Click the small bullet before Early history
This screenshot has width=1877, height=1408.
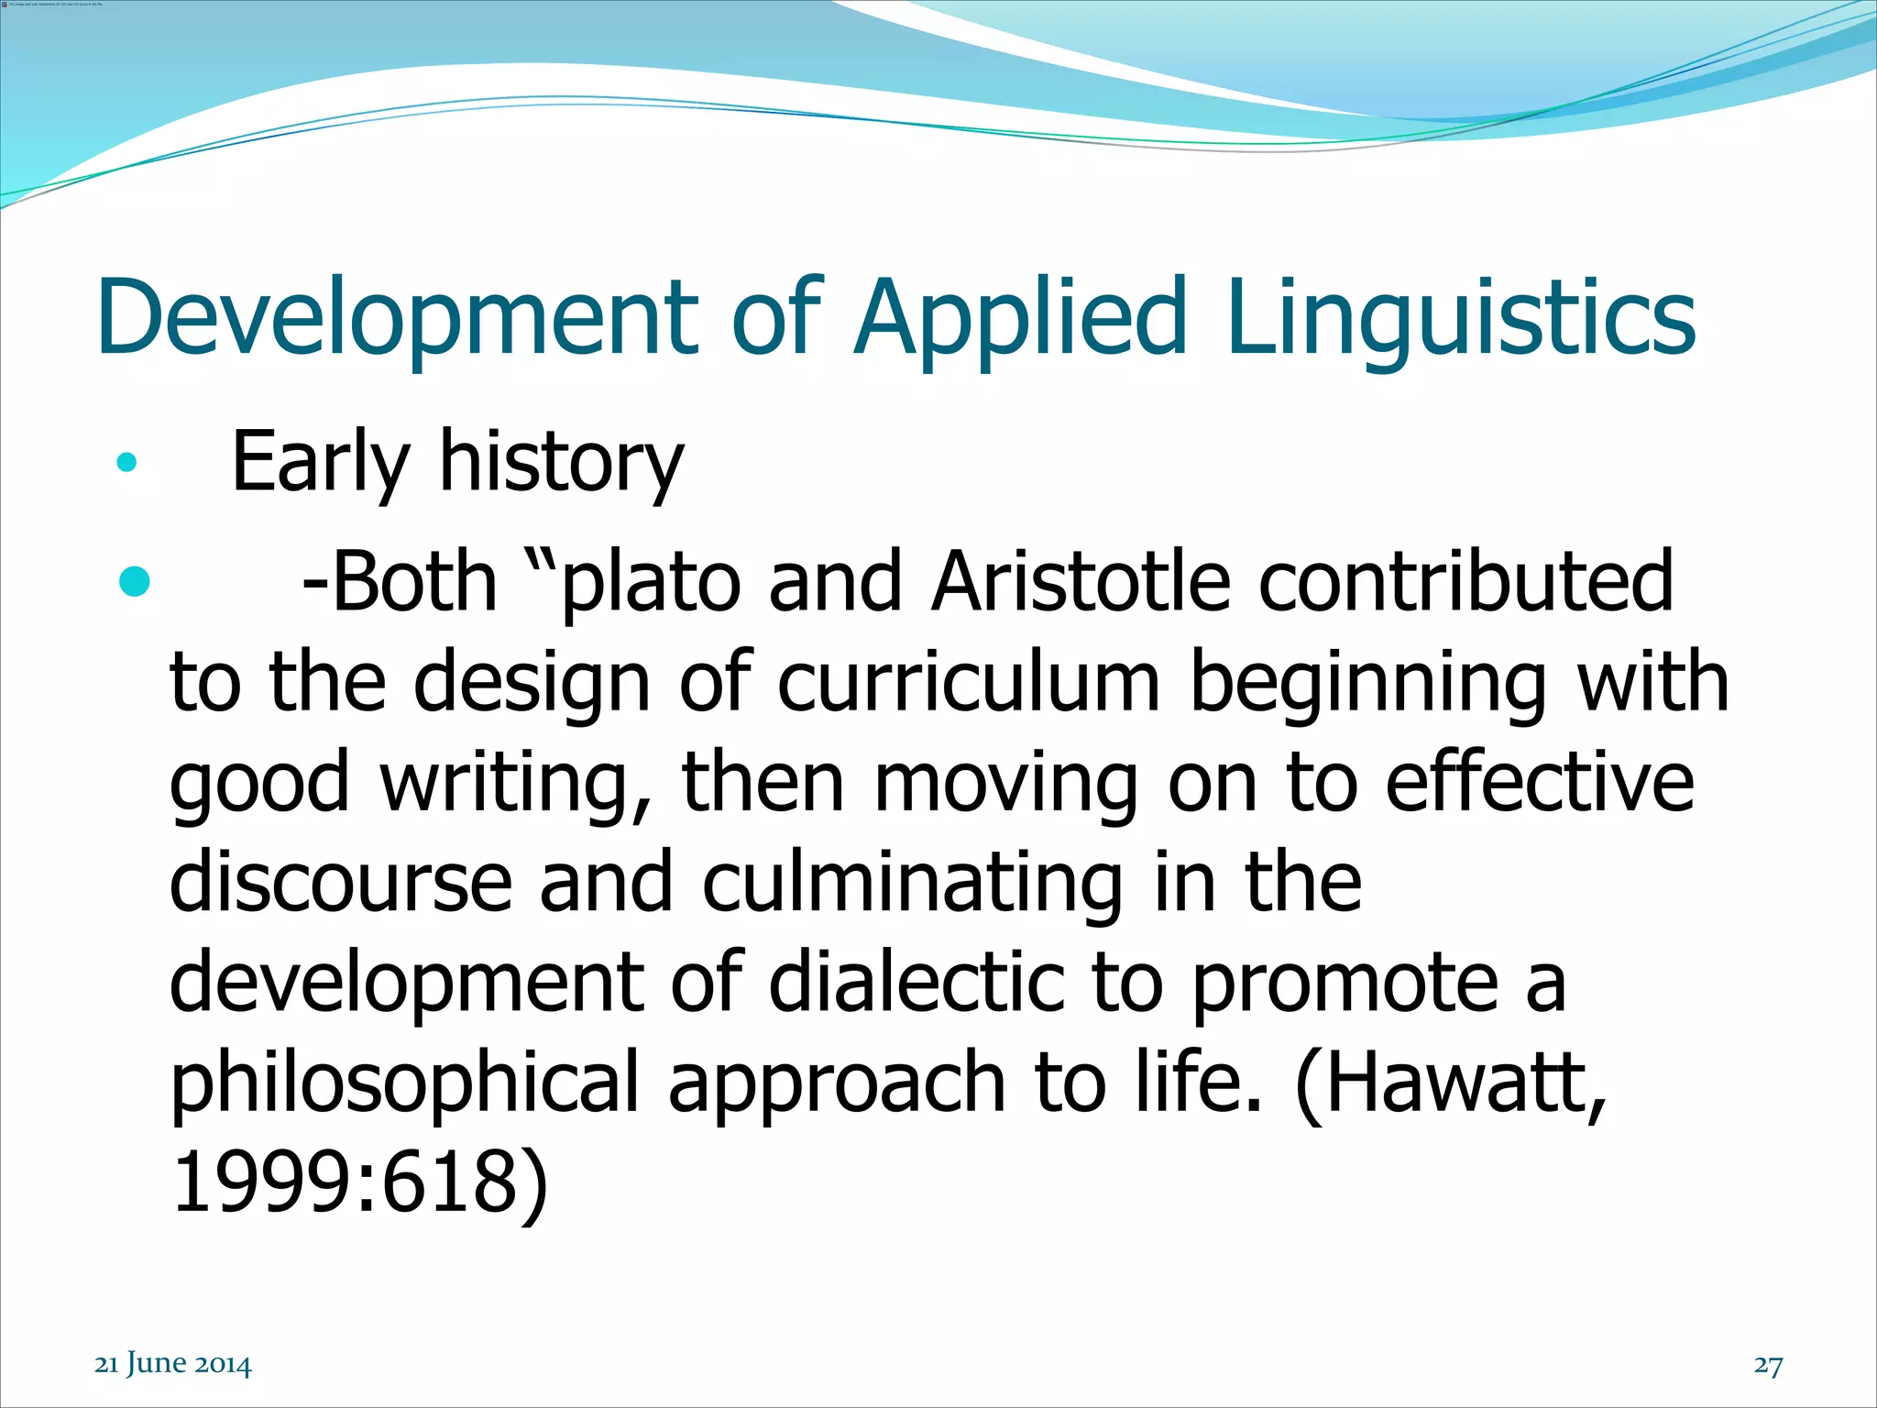coord(126,462)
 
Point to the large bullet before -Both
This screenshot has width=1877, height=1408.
coord(134,581)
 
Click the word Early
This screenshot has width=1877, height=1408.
coord(321,462)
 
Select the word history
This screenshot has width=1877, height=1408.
coord(561,462)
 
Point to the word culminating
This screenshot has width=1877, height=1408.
coord(912,883)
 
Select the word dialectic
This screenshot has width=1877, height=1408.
coord(916,982)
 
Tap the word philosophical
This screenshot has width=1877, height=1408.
coord(403,1083)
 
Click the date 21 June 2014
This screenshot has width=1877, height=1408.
coord(173,1363)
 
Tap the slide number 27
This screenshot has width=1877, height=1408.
coord(1768,1364)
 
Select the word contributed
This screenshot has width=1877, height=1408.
coord(1465,581)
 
